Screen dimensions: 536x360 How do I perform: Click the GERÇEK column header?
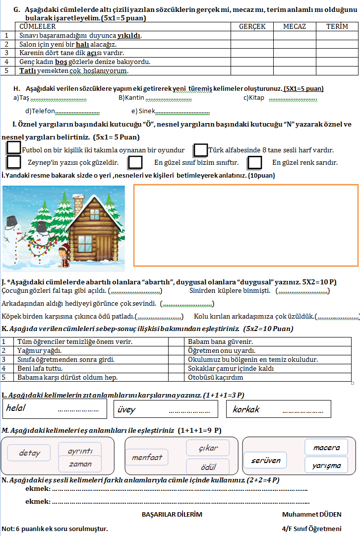[x=252, y=26]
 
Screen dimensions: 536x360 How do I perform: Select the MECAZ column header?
[x=294, y=26]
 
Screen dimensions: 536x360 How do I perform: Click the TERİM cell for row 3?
[x=337, y=53]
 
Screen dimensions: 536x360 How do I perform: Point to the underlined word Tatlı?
[x=28, y=70]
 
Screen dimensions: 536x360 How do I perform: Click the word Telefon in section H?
[x=43, y=111]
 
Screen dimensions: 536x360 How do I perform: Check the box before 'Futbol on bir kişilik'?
[x=14, y=148]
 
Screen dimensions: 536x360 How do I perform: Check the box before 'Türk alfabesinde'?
[x=200, y=149]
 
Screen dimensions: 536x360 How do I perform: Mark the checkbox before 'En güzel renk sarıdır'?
[x=254, y=162]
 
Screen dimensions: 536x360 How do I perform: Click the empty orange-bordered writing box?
[x=245, y=225]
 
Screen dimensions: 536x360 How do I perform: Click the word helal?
[x=16, y=408]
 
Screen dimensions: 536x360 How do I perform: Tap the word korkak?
[x=246, y=409]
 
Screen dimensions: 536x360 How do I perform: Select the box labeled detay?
[x=29, y=453]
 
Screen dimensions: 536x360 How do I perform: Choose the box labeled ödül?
[x=208, y=467]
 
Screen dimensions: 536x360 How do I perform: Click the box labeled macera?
[x=326, y=448]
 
